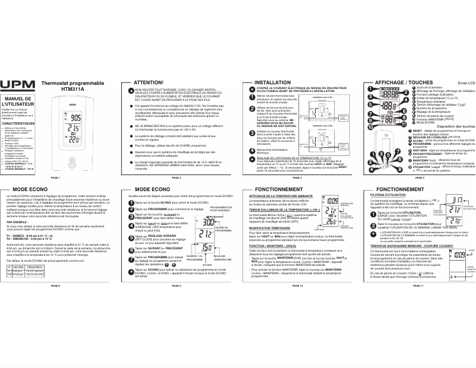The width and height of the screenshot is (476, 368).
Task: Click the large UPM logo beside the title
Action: tap(18, 85)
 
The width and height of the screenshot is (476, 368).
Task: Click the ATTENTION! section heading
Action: tap(148, 83)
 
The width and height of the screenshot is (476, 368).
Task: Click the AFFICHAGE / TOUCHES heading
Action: tap(398, 83)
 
